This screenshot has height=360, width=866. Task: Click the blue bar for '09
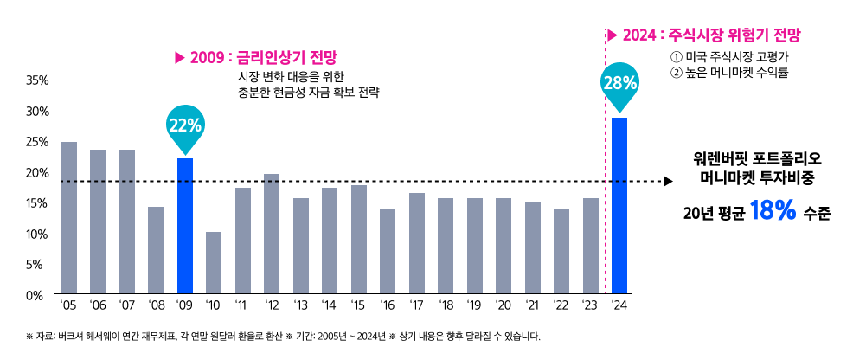pyautogui.click(x=185, y=226)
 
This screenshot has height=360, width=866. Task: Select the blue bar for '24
pyautogui.click(x=619, y=205)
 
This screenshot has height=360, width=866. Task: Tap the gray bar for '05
pyautogui.click(x=69, y=218)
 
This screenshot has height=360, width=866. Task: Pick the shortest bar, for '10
pyautogui.click(x=214, y=263)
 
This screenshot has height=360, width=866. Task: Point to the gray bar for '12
pyautogui.click(x=272, y=234)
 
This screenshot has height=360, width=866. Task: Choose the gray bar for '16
pyautogui.click(x=388, y=252)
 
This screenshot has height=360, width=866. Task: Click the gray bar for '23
pyautogui.click(x=591, y=246)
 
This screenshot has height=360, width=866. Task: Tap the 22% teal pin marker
pyautogui.click(x=185, y=126)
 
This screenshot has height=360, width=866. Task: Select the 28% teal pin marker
pyautogui.click(x=619, y=85)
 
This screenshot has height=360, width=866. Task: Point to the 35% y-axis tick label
pyautogui.click(x=37, y=80)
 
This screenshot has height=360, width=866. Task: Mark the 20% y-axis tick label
pyautogui.click(x=37, y=173)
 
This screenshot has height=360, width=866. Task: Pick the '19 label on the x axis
pyautogui.click(x=474, y=305)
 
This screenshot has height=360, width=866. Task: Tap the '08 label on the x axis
pyautogui.click(x=156, y=305)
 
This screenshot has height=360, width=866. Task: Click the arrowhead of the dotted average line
pyautogui.click(x=668, y=182)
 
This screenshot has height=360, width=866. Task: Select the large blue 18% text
pyautogui.click(x=773, y=211)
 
